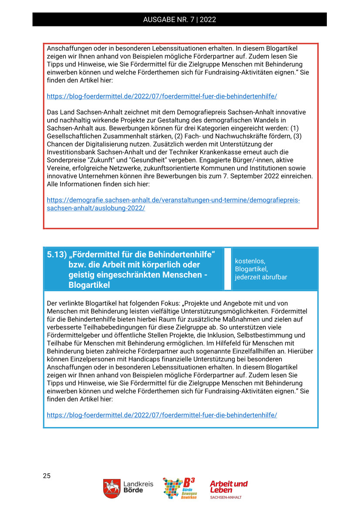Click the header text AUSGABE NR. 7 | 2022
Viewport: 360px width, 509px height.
click(x=180, y=20)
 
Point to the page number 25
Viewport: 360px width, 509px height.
click(x=47, y=475)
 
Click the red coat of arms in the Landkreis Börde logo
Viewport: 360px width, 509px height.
click(x=112, y=488)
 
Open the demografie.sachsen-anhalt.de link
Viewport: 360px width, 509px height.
click(x=173, y=204)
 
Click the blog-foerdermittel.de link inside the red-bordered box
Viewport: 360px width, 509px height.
click(x=162, y=96)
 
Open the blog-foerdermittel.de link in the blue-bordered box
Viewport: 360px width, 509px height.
click(x=162, y=415)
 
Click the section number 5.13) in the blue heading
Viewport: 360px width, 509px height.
click(x=56, y=255)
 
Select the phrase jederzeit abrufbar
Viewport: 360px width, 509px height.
click(x=261, y=277)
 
